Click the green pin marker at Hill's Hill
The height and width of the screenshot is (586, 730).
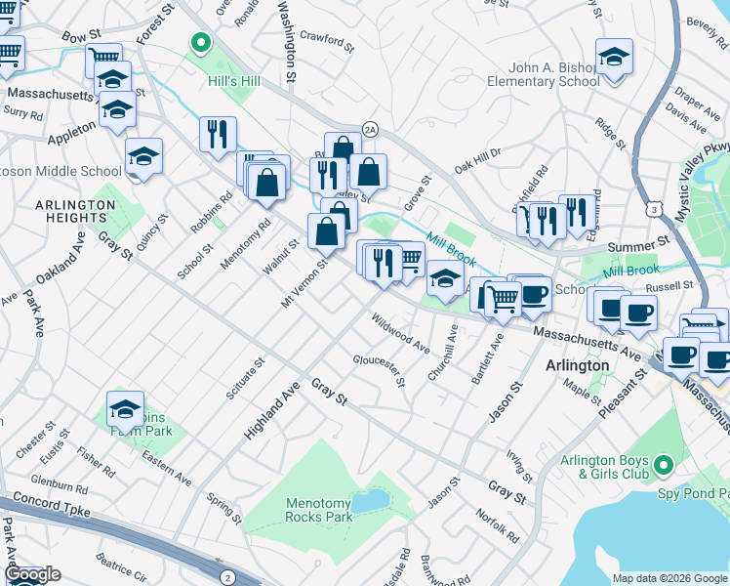pos(201,43)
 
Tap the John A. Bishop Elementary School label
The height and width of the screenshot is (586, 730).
pos(554,75)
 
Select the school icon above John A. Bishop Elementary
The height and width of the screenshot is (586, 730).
pos(614,57)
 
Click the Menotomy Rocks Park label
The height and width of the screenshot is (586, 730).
pos(318,510)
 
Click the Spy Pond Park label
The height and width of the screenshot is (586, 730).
pos(688,481)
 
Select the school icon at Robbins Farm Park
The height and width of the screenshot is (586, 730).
pos(125,410)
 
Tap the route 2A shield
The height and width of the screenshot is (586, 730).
pos(369,129)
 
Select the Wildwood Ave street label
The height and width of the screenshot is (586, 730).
pos(400,333)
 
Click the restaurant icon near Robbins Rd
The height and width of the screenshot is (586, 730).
pos(218,134)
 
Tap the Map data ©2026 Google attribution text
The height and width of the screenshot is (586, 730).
pos(669,578)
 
